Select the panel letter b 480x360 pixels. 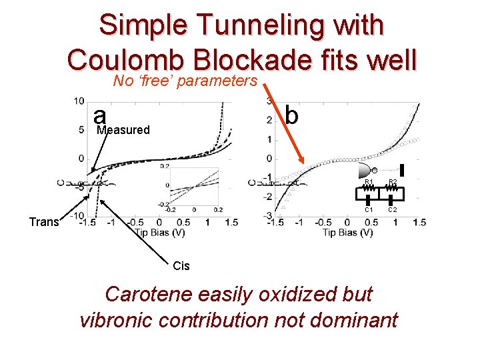point(291,114)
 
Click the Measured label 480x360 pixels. point(123,130)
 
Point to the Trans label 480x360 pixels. point(44,222)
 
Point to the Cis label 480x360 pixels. point(181,266)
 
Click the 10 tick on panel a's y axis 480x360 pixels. point(79,101)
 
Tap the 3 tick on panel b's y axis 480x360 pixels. point(268,101)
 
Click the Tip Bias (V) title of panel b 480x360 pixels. point(347,232)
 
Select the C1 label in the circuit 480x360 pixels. point(368,210)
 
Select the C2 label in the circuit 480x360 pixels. point(393,210)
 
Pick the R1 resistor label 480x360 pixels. point(368,181)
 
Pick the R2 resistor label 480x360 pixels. point(393,181)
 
